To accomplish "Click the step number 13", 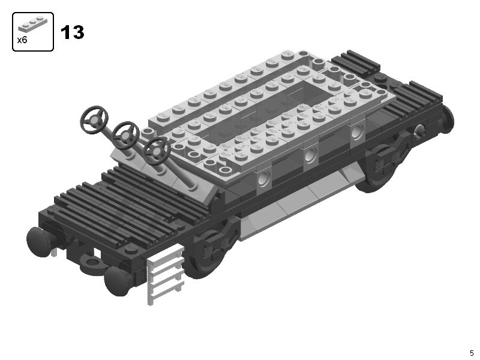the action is click(72, 32).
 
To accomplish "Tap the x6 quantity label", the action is click(22, 40).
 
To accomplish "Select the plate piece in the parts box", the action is click(33, 23).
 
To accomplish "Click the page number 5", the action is click(472, 353).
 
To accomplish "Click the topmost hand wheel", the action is click(95, 119).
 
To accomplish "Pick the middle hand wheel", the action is click(126, 135).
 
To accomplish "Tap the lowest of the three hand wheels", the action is click(157, 151).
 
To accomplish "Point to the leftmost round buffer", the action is click(39, 242).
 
